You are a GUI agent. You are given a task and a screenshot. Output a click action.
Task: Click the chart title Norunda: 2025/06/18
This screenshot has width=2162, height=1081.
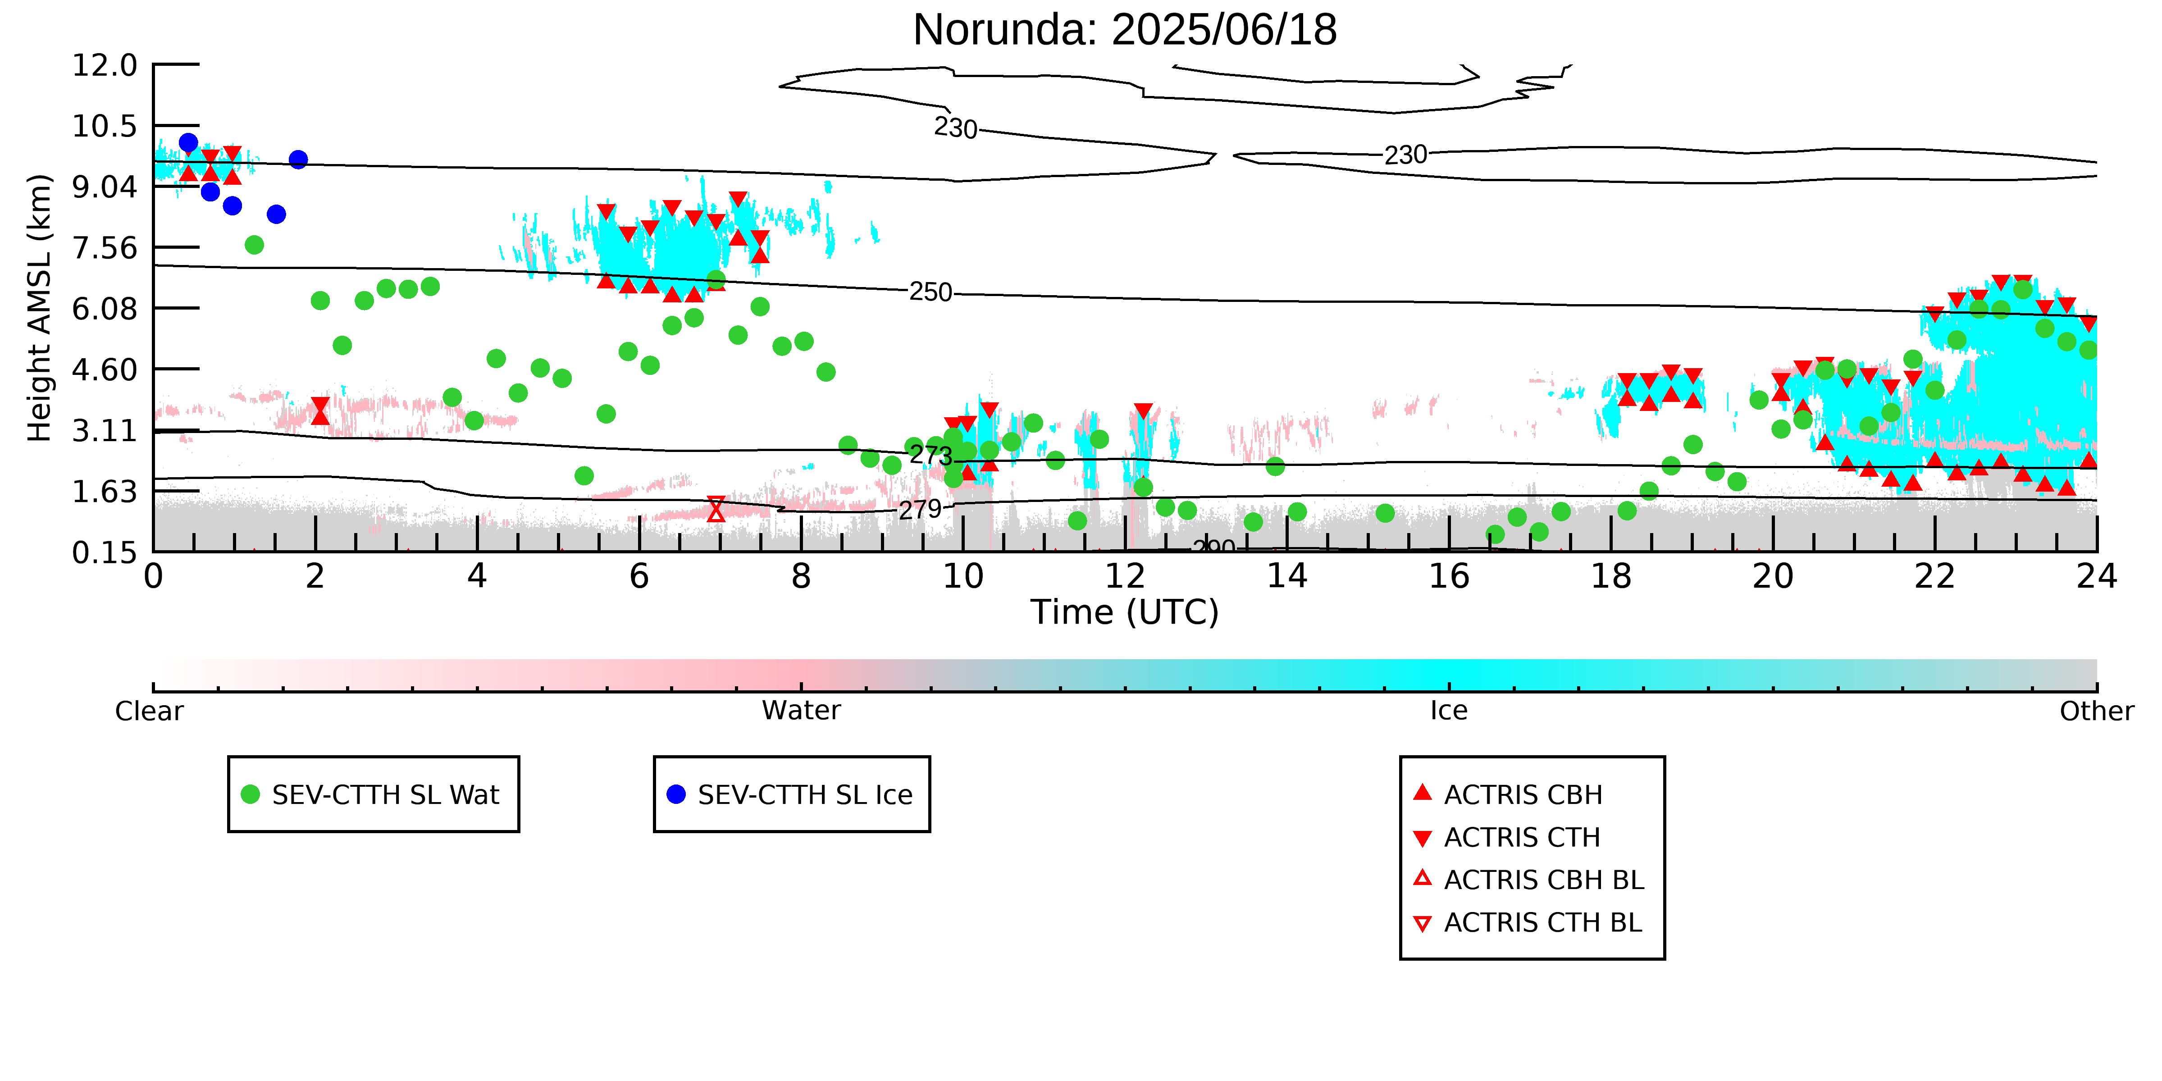tap(1125, 30)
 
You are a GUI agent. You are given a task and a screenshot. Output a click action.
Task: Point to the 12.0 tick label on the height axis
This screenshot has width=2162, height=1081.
tap(105, 64)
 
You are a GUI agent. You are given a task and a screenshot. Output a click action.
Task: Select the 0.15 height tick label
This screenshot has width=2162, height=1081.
tap(105, 552)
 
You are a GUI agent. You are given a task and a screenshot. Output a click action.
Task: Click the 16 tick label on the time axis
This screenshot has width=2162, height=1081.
tap(1450, 577)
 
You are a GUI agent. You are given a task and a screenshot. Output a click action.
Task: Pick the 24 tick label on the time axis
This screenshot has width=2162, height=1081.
tap(2097, 577)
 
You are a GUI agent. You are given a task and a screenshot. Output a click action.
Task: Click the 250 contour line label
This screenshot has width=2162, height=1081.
tap(931, 292)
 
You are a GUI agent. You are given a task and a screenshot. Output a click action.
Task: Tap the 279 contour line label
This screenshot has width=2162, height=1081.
tap(921, 510)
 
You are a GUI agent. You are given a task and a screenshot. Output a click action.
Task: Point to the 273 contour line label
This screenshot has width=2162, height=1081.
tap(931, 455)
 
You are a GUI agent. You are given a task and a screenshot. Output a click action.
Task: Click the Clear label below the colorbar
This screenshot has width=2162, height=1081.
tap(150, 711)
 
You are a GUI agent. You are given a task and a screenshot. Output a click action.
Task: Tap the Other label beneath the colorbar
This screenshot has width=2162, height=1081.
tap(2097, 711)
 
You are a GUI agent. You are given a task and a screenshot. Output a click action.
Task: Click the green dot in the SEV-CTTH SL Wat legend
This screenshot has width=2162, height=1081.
tap(250, 794)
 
